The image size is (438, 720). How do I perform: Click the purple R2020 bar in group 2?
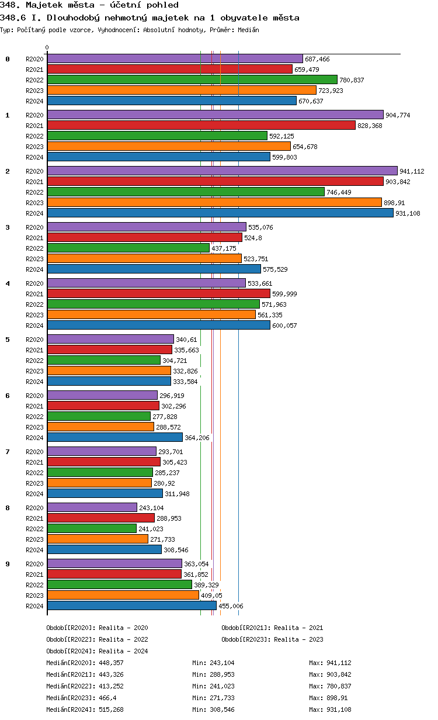point(222,171)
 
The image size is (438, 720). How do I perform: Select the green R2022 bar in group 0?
point(192,79)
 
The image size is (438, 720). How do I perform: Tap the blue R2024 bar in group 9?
point(131,605)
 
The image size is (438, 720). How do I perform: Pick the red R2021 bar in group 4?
point(158,293)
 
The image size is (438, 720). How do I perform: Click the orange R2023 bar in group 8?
point(98,539)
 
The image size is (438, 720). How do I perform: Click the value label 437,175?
point(224,248)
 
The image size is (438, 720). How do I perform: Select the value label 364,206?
point(197,438)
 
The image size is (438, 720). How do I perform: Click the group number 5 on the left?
point(8,340)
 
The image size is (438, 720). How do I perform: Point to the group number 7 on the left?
point(8,452)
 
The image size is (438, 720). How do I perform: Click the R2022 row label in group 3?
point(35,248)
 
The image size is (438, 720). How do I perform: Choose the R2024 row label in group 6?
point(35,438)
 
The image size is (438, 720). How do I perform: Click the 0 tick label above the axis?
point(47,48)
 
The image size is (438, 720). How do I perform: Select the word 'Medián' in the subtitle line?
point(248,29)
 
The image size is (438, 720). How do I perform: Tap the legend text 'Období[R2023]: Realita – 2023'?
point(272,639)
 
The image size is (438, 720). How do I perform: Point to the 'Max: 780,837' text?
point(330,686)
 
